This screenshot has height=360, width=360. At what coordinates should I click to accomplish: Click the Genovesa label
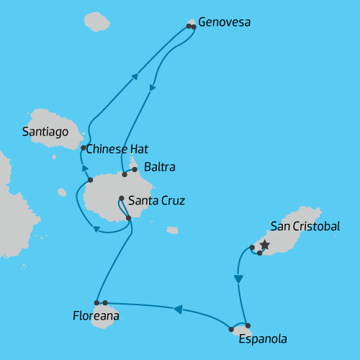click(x=224, y=22)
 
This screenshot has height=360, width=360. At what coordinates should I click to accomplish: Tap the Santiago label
click(x=45, y=132)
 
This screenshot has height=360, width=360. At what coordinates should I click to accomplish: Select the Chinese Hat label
click(x=117, y=149)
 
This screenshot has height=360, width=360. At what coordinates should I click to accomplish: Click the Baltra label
click(x=159, y=168)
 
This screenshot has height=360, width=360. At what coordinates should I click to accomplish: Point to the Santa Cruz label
click(x=156, y=201)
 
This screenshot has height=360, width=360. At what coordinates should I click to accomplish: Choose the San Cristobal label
click(x=305, y=226)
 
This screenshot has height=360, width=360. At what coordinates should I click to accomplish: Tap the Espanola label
click(x=262, y=339)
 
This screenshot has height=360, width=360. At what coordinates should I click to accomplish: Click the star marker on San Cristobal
click(x=264, y=245)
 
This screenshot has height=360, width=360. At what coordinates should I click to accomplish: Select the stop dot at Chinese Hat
click(x=84, y=148)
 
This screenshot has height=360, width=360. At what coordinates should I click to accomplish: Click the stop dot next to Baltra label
click(x=135, y=170)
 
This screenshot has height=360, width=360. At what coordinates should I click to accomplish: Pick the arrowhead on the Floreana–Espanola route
click(x=177, y=309)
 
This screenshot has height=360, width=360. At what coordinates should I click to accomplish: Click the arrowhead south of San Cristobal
click(x=238, y=279)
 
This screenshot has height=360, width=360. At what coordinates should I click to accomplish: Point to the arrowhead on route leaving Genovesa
click(x=152, y=88)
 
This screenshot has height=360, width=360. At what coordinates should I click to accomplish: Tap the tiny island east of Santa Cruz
click(x=172, y=230)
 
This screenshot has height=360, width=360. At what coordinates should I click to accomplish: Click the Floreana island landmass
click(x=103, y=317)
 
